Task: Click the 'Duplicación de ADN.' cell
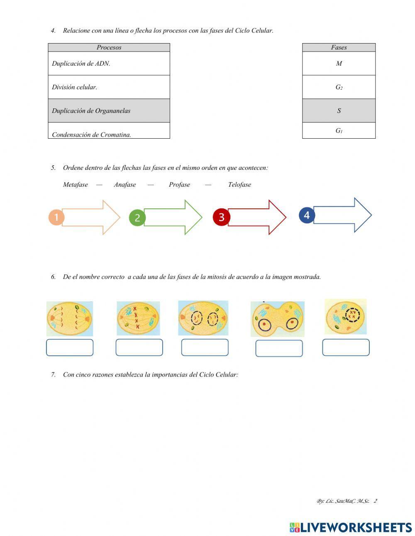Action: pyautogui.click(x=109, y=64)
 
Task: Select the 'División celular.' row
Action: pyautogui.click(x=109, y=87)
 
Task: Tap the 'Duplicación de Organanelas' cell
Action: pyautogui.click(x=109, y=111)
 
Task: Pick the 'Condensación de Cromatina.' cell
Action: pyautogui.click(x=109, y=131)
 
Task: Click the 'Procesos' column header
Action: pyautogui.click(x=109, y=47)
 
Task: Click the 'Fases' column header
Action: pyautogui.click(x=339, y=47)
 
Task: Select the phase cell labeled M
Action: pyautogui.click(x=339, y=64)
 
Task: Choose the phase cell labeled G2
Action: pyautogui.click(x=339, y=87)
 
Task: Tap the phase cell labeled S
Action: pyautogui.click(x=339, y=111)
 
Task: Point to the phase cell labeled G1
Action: pyautogui.click(x=339, y=131)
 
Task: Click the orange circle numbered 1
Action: pyautogui.click(x=56, y=217)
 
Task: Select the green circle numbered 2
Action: pyautogui.click(x=137, y=218)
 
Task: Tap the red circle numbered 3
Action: pyautogui.click(x=221, y=217)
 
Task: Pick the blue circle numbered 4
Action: pyautogui.click(x=307, y=215)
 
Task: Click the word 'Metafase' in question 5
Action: pyautogui.click(x=76, y=185)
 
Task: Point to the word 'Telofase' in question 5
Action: pyautogui.click(x=239, y=185)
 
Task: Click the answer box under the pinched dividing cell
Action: pyautogui.click(x=279, y=348)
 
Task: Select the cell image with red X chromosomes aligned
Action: pyautogui.click(x=138, y=318)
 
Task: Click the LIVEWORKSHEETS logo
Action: pyautogui.click(x=351, y=527)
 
